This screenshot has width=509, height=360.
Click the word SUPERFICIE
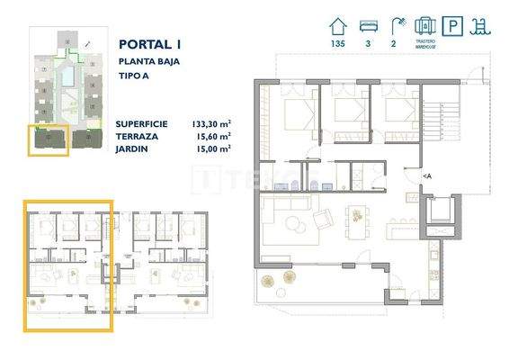pyautogui.click(x=142, y=123)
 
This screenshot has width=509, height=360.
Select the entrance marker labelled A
pyautogui.click(x=427, y=175)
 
